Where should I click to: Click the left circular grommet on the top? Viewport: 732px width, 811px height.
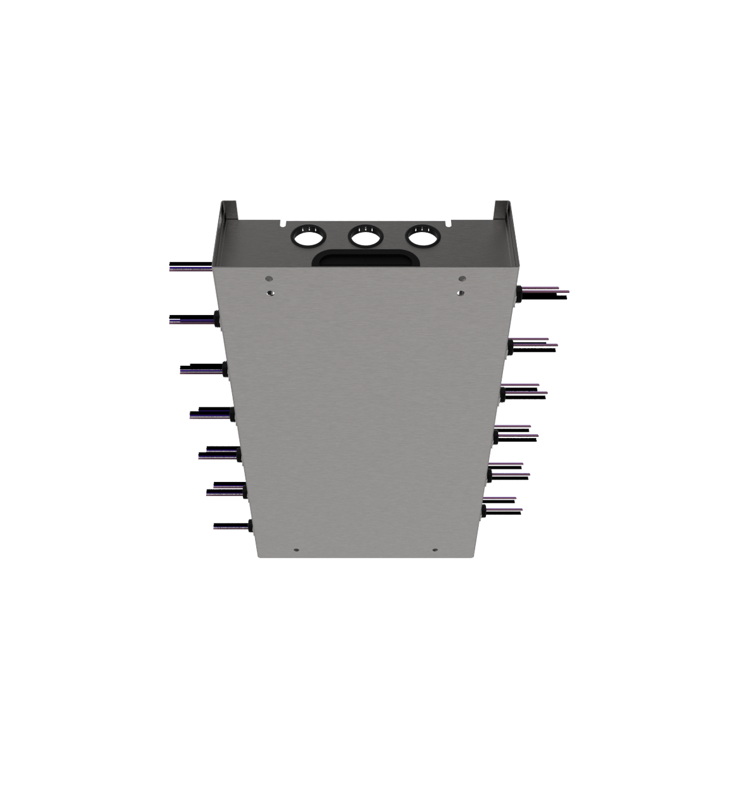[x=307, y=237]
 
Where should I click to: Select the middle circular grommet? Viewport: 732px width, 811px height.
[x=365, y=237]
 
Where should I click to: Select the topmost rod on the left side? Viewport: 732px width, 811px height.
[x=189, y=266]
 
